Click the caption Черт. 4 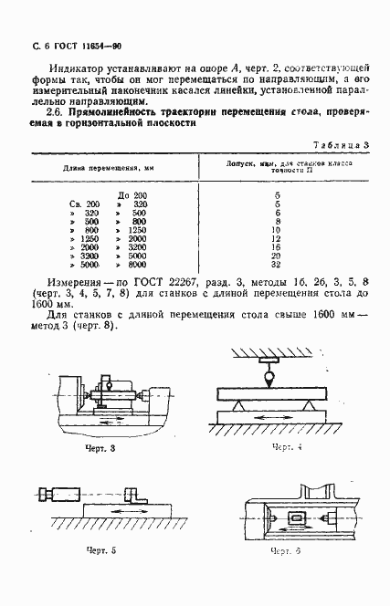click(x=285, y=448)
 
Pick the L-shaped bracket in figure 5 click(x=135, y=496)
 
